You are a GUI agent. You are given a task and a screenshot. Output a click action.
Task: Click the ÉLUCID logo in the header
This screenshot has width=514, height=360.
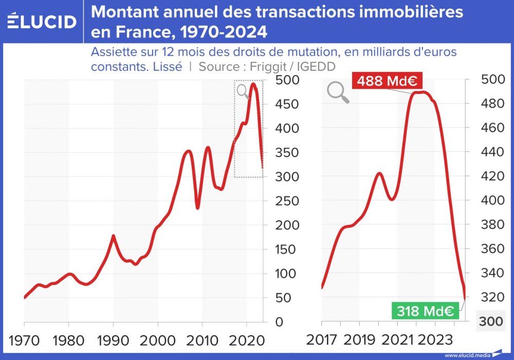tap(43, 21)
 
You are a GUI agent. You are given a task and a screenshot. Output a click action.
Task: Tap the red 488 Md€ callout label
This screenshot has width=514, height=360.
tap(387, 81)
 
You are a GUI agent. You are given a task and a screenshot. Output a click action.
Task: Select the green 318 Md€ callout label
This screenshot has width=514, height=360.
tap(424, 311)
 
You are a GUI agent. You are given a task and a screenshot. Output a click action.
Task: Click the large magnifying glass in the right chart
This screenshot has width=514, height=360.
tap(338, 93)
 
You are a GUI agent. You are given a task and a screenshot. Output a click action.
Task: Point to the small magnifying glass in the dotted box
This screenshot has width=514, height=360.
tap(243, 91)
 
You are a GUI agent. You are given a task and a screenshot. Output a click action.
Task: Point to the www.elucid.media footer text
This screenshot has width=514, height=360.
tap(467, 355)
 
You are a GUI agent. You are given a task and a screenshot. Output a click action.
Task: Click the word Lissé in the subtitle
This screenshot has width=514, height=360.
tap(167, 66)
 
